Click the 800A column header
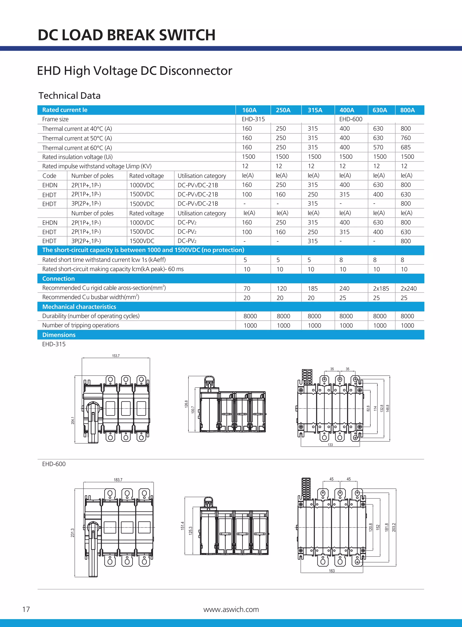coord(407,110)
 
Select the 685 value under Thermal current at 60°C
coord(406,147)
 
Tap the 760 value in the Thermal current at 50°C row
coord(406,138)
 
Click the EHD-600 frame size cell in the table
coord(351,119)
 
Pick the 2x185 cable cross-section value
coord(381,288)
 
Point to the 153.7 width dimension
coord(116,356)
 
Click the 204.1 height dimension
coord(73,420)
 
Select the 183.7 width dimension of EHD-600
coord(118,480)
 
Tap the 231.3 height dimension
coord(73,533)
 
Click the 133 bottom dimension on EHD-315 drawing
coord(330,445)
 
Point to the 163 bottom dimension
coord(332,571)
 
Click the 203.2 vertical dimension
coord(394,528)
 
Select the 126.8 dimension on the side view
coord(186,404)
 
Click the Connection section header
coord(58,279)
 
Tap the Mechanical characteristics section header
coord(79,307)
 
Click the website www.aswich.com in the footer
coord(231,609)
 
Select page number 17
coord(26,609)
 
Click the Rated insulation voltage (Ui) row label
coord(77,157)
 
